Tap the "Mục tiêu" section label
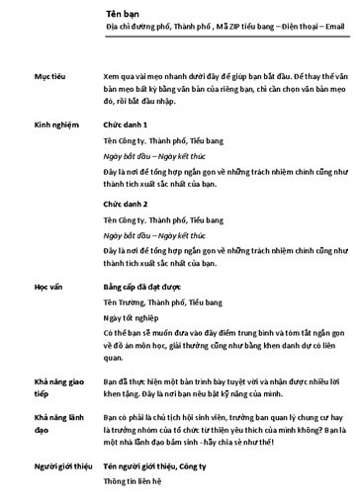(x=50, y=75)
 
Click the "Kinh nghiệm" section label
(x=56, y=127)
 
